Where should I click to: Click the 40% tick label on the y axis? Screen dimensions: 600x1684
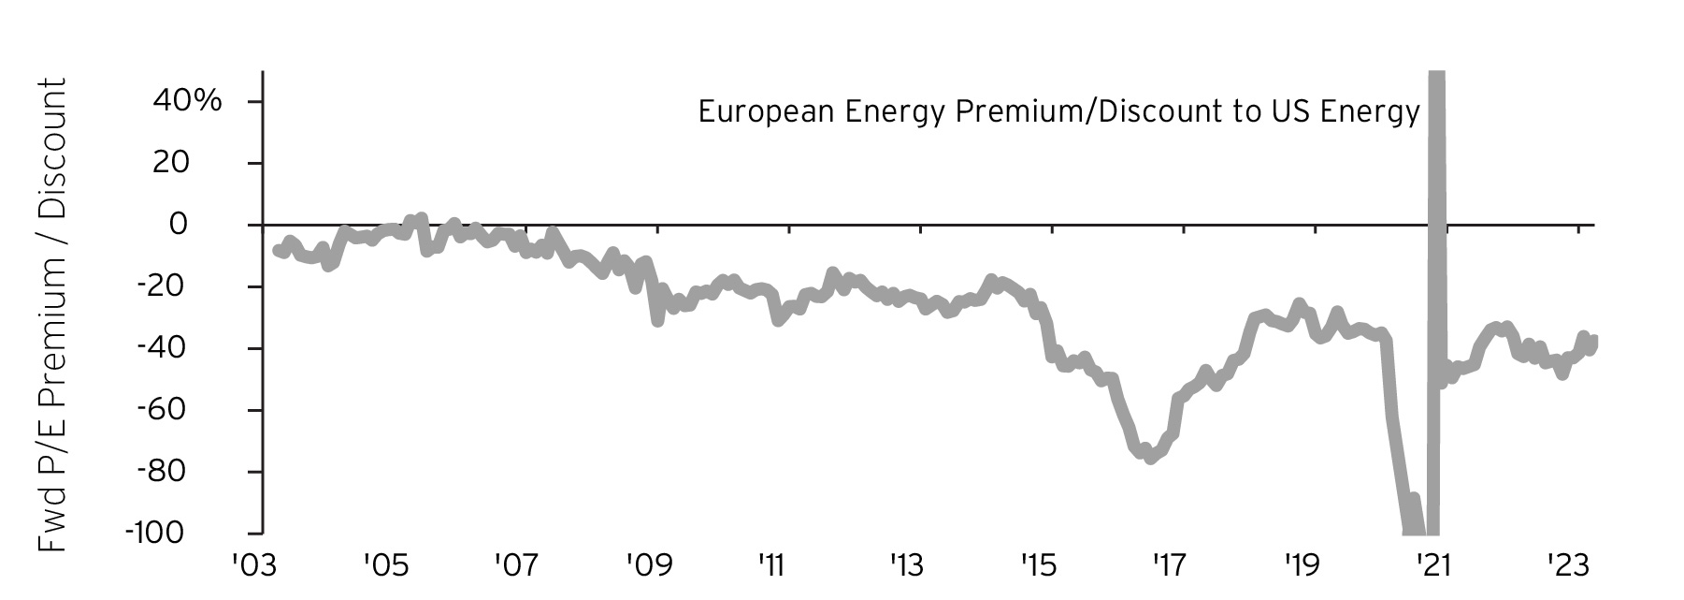coord(186,101)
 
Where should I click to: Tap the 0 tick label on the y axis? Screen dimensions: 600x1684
coord(204,225)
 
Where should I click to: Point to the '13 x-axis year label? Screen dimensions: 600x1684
coord(906,565)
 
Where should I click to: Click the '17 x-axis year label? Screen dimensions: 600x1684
coord(1168,565)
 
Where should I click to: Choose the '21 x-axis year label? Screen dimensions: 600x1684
coord(1432,565)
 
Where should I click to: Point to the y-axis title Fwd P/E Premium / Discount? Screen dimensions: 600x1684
coord(52,315)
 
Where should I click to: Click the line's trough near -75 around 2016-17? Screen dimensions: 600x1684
coord(1150,457)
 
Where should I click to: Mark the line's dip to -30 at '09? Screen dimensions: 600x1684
coord(657,320)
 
